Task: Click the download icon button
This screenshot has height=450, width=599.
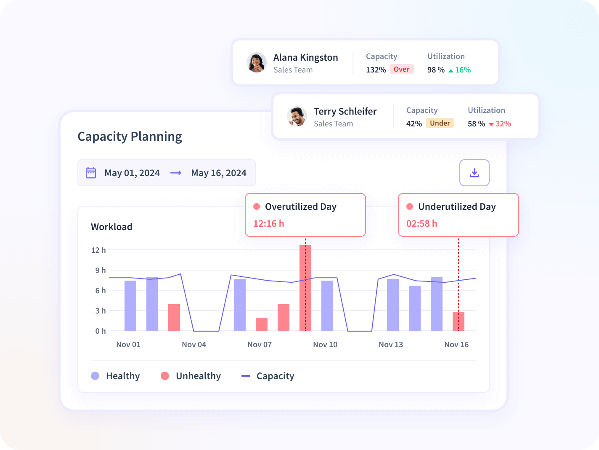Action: [474, 173]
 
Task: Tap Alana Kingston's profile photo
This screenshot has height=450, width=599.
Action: [257, 63]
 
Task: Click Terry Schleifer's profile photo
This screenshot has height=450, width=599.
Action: [297, 117]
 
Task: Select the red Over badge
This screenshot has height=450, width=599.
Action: [401, 70]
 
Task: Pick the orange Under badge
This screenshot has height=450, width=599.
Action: [440, 123]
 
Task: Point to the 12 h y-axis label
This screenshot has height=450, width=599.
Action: [98, 250]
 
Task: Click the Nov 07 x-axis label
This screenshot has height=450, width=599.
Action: [260, 345]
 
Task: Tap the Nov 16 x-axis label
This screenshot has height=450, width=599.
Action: [456, 345]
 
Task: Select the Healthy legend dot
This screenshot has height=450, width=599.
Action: [95, 376]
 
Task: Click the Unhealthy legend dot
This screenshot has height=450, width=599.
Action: [165, 376]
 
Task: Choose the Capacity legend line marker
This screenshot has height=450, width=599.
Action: [246, 376]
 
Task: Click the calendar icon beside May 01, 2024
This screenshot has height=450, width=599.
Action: [91, 173]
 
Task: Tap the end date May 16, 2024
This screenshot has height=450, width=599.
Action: [219, 173]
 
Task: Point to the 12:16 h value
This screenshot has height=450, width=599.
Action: [269, 224]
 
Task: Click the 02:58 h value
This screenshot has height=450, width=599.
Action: [422, 224]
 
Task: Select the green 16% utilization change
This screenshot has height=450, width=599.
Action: [460, 70]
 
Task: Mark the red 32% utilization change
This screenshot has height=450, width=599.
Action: [500, 124]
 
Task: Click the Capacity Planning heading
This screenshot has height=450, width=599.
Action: [130, 137]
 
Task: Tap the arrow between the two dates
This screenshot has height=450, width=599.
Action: [176, 173]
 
